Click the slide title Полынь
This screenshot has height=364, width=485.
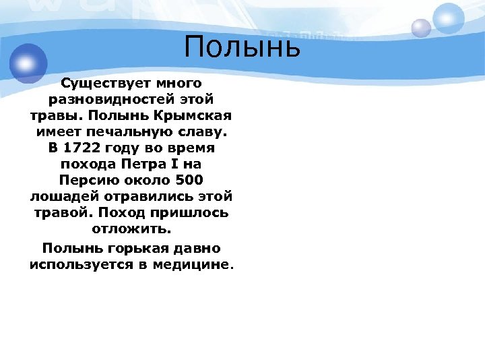241,49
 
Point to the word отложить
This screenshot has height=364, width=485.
132,229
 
